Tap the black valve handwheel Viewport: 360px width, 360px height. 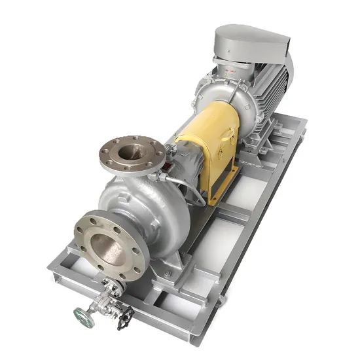(125, 317)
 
